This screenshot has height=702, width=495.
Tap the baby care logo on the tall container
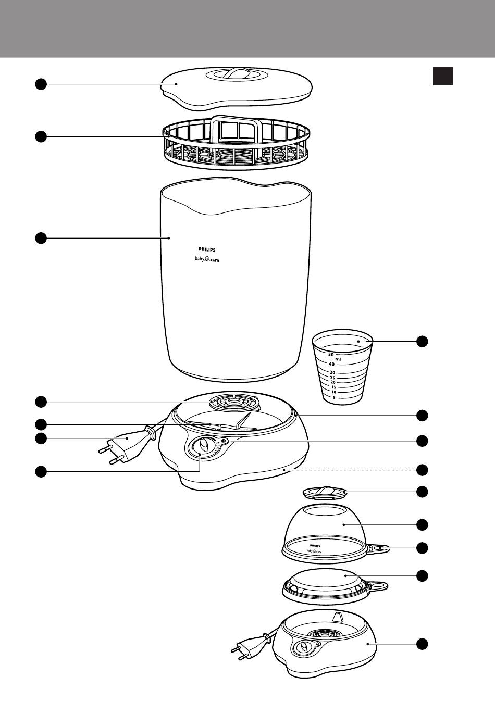tap(204, 260)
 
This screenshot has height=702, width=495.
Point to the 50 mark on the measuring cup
tap(331, 354)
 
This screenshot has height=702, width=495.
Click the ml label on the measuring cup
tap(338, 359)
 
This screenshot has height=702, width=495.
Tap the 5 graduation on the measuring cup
tap(333, 397)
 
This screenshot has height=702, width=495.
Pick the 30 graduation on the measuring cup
tap(332, 373)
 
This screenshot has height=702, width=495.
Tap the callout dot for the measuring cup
tap(422, 342)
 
